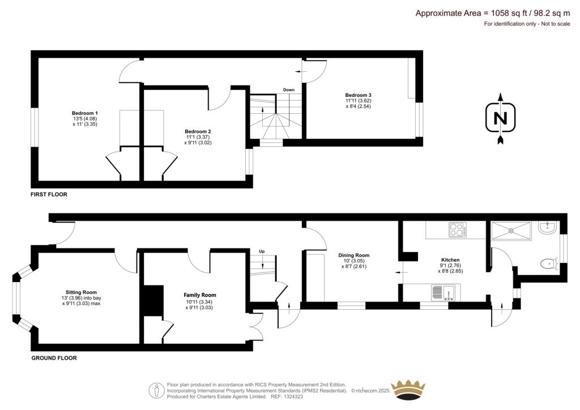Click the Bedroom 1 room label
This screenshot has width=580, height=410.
(x=84, y=113)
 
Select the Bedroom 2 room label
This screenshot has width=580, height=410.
(x=198, y=131)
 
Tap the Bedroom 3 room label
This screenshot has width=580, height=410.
(x=358, y=95)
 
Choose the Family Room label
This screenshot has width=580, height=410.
(x=199, y=295)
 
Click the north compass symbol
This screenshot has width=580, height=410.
(x=500, y=119)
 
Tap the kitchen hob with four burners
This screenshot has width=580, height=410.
(x=457, y=229)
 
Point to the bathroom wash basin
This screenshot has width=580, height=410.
(x=548, y=228)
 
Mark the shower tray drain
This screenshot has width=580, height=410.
(x=512, y=230)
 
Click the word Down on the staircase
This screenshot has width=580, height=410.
(x=289, y=89)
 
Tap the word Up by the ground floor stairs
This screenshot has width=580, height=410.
(x=262, y=251)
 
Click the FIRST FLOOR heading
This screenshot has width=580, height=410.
(x=49, y=194)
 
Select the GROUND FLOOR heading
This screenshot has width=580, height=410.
(x=54, y=358)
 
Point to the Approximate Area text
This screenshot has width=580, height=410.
(x=483, y=13)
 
